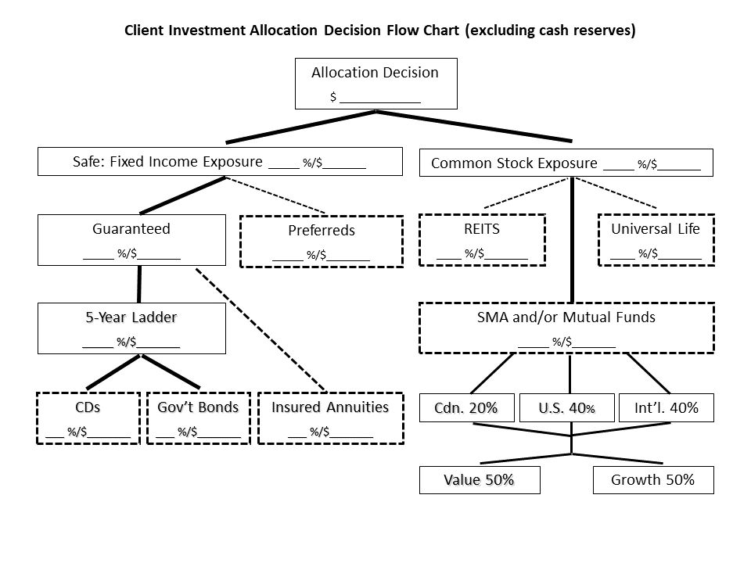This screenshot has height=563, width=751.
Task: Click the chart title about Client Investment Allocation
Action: coord(380,32)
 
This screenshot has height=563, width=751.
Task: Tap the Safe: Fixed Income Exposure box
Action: coord(220,162)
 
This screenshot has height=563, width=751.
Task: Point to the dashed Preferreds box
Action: coord(321,241)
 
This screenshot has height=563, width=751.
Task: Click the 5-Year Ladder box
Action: coord(131,328)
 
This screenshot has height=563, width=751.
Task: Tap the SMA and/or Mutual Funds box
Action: coord(567,328)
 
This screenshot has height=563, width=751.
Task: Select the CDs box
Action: coord(88,418)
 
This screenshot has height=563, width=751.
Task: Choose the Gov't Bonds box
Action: coord(199,418)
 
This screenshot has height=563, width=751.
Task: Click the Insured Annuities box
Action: coord(329,418)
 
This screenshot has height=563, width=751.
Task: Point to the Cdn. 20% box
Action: coord(466,407)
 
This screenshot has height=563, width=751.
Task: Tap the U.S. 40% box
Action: coord(566,407)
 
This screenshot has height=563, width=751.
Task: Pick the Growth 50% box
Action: coord(655,480)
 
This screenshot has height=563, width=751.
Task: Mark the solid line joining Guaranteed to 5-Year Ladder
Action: coord(140,284)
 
